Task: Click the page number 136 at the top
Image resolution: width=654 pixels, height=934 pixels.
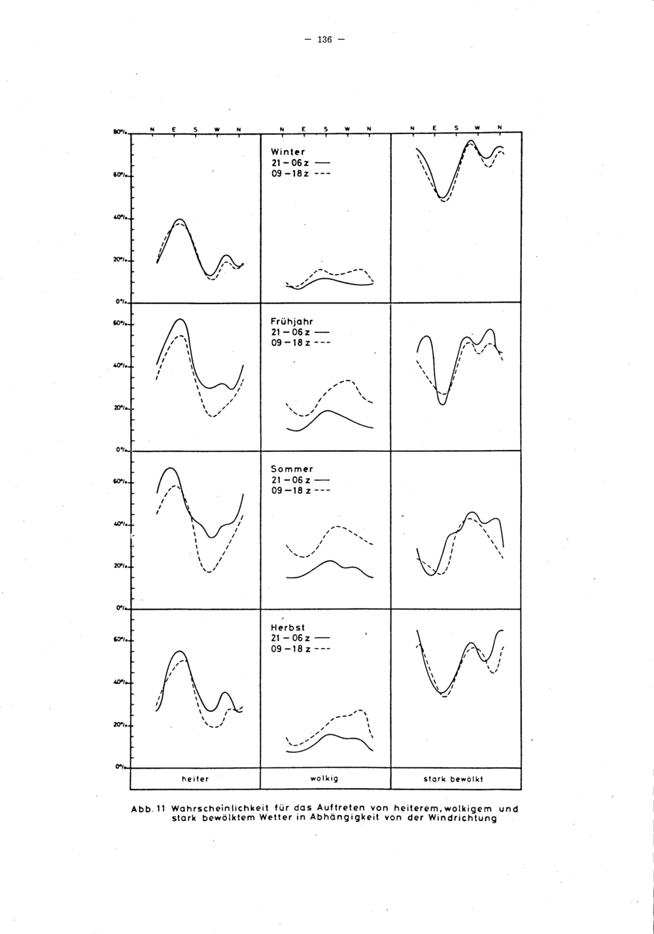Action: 324,39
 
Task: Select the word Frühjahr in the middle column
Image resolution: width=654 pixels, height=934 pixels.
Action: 292,321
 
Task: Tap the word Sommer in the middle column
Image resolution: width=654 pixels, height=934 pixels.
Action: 292,469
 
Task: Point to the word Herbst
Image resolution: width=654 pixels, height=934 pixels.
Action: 288,627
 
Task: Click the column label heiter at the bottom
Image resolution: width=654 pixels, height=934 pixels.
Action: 195,779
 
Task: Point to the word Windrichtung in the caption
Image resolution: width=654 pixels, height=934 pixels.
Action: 463,818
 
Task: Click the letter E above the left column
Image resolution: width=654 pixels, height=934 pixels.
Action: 173,128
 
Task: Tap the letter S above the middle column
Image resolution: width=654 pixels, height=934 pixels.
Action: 325,128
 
